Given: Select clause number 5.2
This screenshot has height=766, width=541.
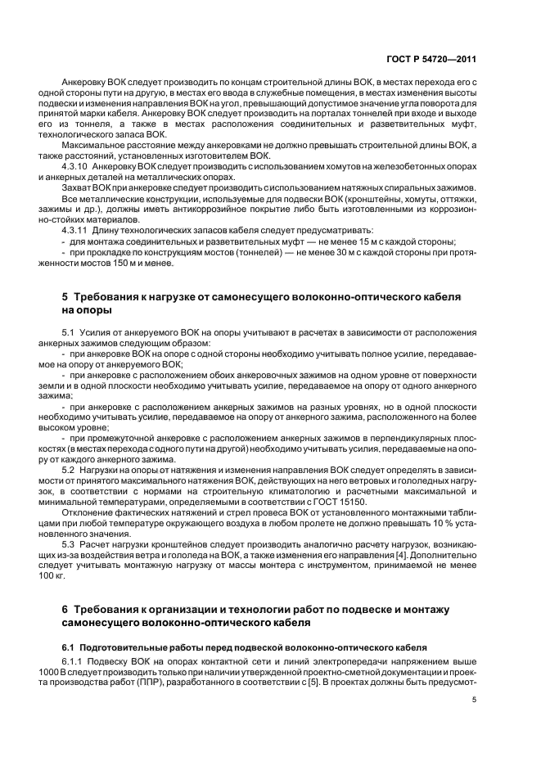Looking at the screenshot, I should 69,472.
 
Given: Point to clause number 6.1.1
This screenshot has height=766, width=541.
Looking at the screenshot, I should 74,660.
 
